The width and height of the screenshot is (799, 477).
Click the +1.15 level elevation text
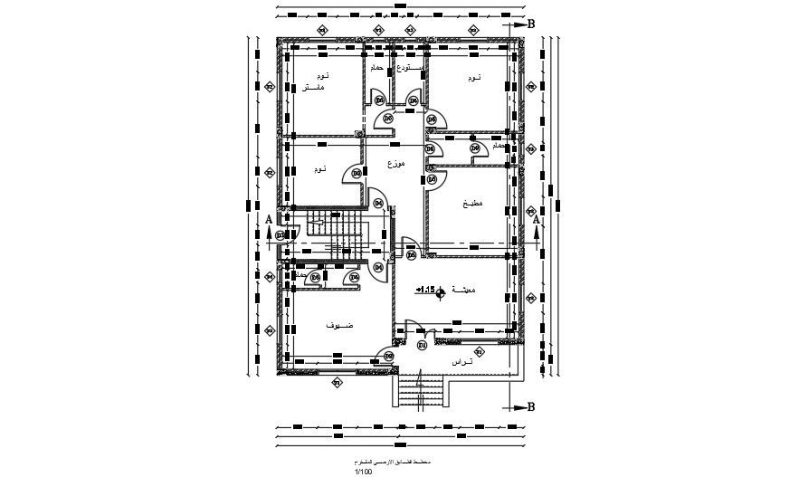coord(425,290)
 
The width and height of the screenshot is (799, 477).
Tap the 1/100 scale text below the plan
coord(364,471)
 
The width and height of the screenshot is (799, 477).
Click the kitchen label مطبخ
coord(472,204)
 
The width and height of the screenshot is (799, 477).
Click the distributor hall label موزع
coord(395,164)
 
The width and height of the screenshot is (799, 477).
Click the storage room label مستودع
coord(409,68)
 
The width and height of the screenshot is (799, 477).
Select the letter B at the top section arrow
coord(531,24)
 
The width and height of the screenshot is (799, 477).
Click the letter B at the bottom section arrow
coord(531,407)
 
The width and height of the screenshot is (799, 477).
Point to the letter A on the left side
coord(269,220)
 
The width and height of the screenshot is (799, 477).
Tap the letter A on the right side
coord(536,220)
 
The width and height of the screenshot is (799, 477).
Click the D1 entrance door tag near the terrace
coord(422,345)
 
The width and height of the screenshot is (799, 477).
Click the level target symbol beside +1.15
coord(441,291)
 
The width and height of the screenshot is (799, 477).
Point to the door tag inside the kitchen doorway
coord(432,180)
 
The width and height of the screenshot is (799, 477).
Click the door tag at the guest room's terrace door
coord(389,356)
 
